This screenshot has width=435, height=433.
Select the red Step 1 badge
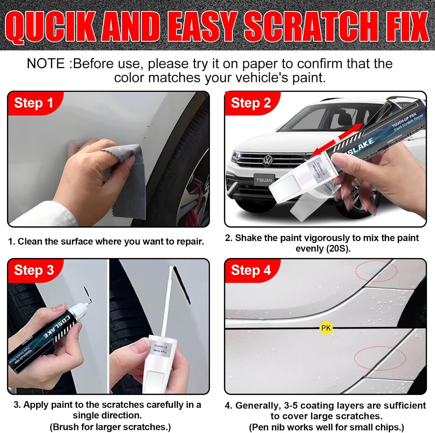point(34,103)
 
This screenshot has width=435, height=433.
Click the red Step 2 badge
point(251,103)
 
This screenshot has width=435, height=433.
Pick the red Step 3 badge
point(34,270)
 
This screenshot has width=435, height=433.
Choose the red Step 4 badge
point(251,270)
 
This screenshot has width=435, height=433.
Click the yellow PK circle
point(326,328)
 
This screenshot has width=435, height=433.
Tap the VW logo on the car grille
point(267,160)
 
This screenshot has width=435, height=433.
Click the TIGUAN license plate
point(264,180)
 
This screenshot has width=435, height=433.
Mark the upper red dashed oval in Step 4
point(376,271)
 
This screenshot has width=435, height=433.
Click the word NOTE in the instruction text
point(46,63)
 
